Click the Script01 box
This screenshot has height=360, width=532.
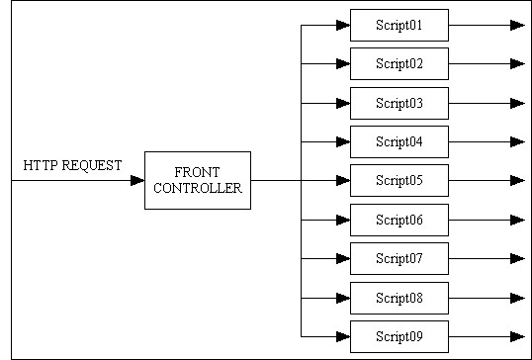[x=399, y=25]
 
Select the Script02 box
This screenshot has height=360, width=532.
[x=399, y=63]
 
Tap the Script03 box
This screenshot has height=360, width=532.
[x=399, y=103]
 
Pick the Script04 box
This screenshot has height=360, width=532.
[x=399, y=141]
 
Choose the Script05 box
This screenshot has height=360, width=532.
[x=399, y=180]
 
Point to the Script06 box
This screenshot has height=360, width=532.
[x=399, y=220]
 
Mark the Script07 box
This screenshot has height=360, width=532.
[x=399, y=258]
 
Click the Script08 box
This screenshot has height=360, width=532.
[x=399, y=297]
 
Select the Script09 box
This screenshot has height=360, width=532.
[x=399, y=336]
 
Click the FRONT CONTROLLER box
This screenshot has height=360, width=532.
[x=198, y=180]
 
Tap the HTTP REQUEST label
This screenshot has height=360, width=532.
[x=73, y=165]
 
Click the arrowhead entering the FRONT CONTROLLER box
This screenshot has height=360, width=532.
[x=137, y=180]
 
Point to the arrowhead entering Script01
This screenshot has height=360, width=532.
[x=342, y=25]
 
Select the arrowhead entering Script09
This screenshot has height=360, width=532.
[x=342, y=336]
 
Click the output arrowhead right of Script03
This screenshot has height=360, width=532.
[x=517, y=103]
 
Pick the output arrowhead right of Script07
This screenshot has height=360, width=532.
[x=517, y=258]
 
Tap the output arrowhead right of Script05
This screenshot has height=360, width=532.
[x=517, y=180]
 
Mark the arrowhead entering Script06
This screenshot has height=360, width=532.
[x=342, y=220]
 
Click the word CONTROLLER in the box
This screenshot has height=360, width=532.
[x=198, y=188]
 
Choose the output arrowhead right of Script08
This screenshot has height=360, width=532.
[x=517, y=297]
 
